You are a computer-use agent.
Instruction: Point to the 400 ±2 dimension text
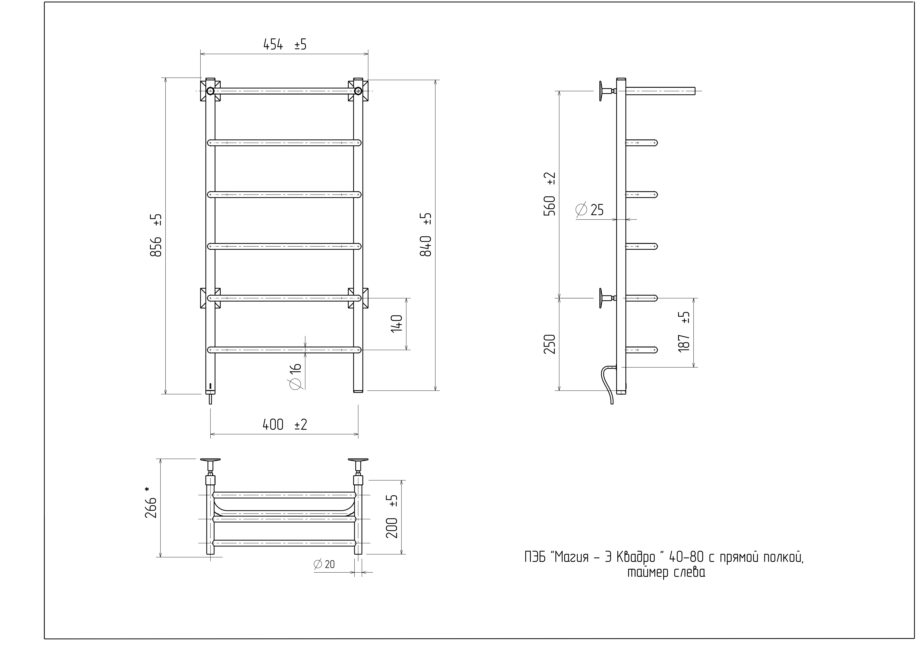pos(285,425)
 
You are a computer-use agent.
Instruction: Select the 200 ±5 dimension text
pos(392,516)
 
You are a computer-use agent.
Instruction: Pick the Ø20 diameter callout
pos(324,564)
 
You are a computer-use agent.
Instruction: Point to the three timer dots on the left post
pos(210,386)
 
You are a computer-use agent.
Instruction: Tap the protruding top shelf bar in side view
pos(661,91)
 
